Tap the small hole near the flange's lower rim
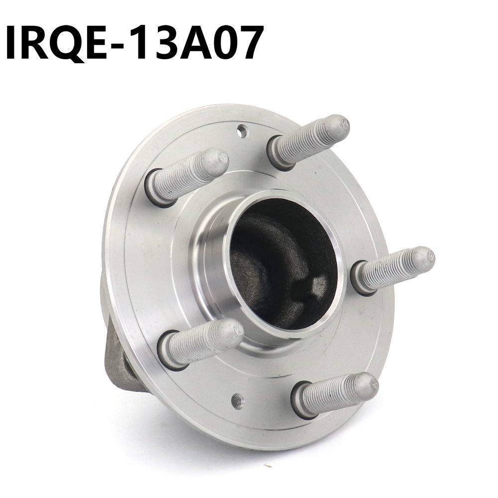[x=239, y=399]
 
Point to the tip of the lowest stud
[x=369, y=384]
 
